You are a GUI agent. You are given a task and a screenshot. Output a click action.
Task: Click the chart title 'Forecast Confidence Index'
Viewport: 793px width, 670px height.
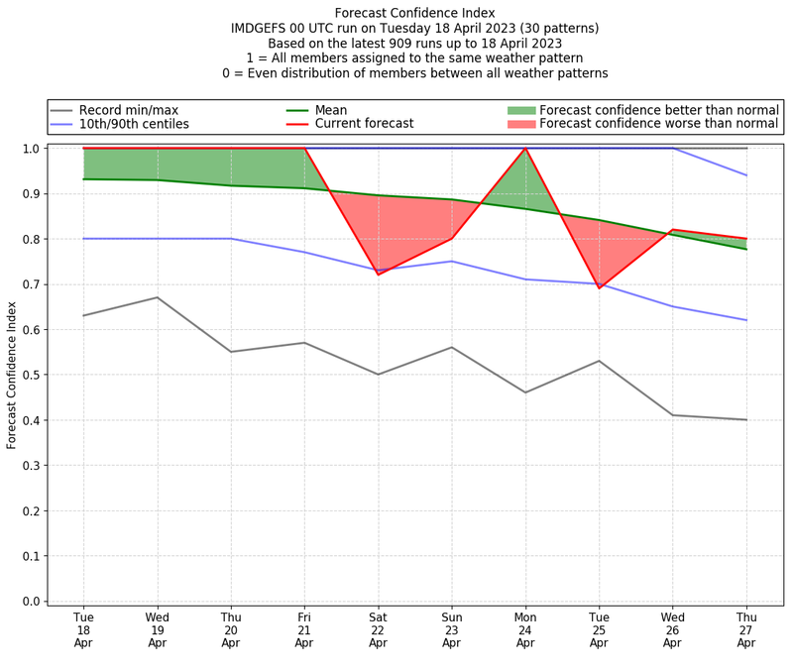pos(414,13)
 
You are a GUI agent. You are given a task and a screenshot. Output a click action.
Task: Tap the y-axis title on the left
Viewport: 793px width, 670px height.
pos(12,375)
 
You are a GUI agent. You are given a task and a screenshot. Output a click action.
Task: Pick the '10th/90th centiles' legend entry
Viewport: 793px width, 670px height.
pos(134,125)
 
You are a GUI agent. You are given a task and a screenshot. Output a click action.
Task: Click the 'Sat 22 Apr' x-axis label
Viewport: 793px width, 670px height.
pos(378,630)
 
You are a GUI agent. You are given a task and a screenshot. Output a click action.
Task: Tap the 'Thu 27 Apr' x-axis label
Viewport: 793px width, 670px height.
pos(746,630)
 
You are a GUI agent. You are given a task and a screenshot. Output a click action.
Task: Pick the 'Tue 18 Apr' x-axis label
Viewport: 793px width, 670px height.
pos(83,630)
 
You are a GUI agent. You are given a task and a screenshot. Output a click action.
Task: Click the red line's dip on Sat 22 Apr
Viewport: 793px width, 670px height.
pos(378,275)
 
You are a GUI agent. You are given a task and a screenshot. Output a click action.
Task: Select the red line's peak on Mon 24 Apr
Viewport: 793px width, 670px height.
pos(525,149)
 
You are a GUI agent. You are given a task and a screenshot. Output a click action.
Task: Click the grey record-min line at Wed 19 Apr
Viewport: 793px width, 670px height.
pos(157,297)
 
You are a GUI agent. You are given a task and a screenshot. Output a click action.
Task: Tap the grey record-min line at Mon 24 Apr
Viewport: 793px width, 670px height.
pos(525,392)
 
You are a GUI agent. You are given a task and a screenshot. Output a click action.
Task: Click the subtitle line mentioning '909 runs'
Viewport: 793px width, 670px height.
pos(414,44)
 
